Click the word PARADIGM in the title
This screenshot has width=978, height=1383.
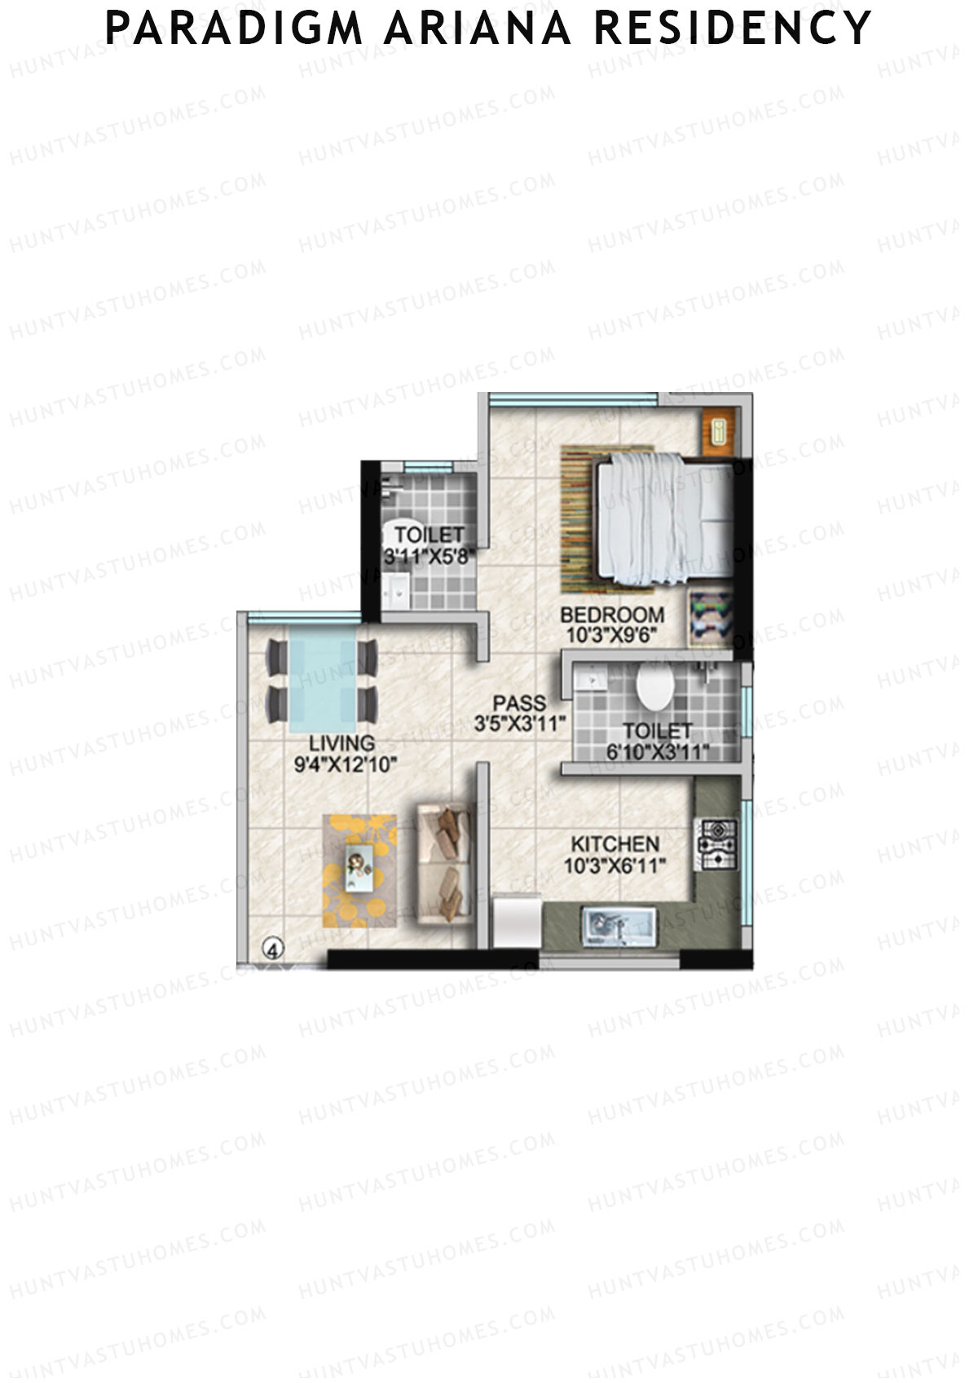(233, 28)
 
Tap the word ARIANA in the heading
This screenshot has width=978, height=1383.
(478, 28)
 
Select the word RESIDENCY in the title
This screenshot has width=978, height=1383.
(733, 28)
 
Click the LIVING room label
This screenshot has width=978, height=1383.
(341, 743)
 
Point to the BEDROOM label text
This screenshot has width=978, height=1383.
(612, 614)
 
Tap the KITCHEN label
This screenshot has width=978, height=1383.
(615, 844)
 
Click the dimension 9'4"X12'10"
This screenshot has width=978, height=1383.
(345, 764)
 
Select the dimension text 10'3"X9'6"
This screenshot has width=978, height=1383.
(610, 636)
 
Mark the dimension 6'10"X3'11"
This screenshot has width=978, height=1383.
(657, 752)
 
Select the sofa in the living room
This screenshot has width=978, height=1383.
(443, 863)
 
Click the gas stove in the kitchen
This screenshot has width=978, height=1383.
(716, 844)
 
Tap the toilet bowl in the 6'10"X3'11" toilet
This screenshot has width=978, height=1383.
(654, 688)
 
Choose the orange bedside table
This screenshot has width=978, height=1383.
(718, 430)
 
